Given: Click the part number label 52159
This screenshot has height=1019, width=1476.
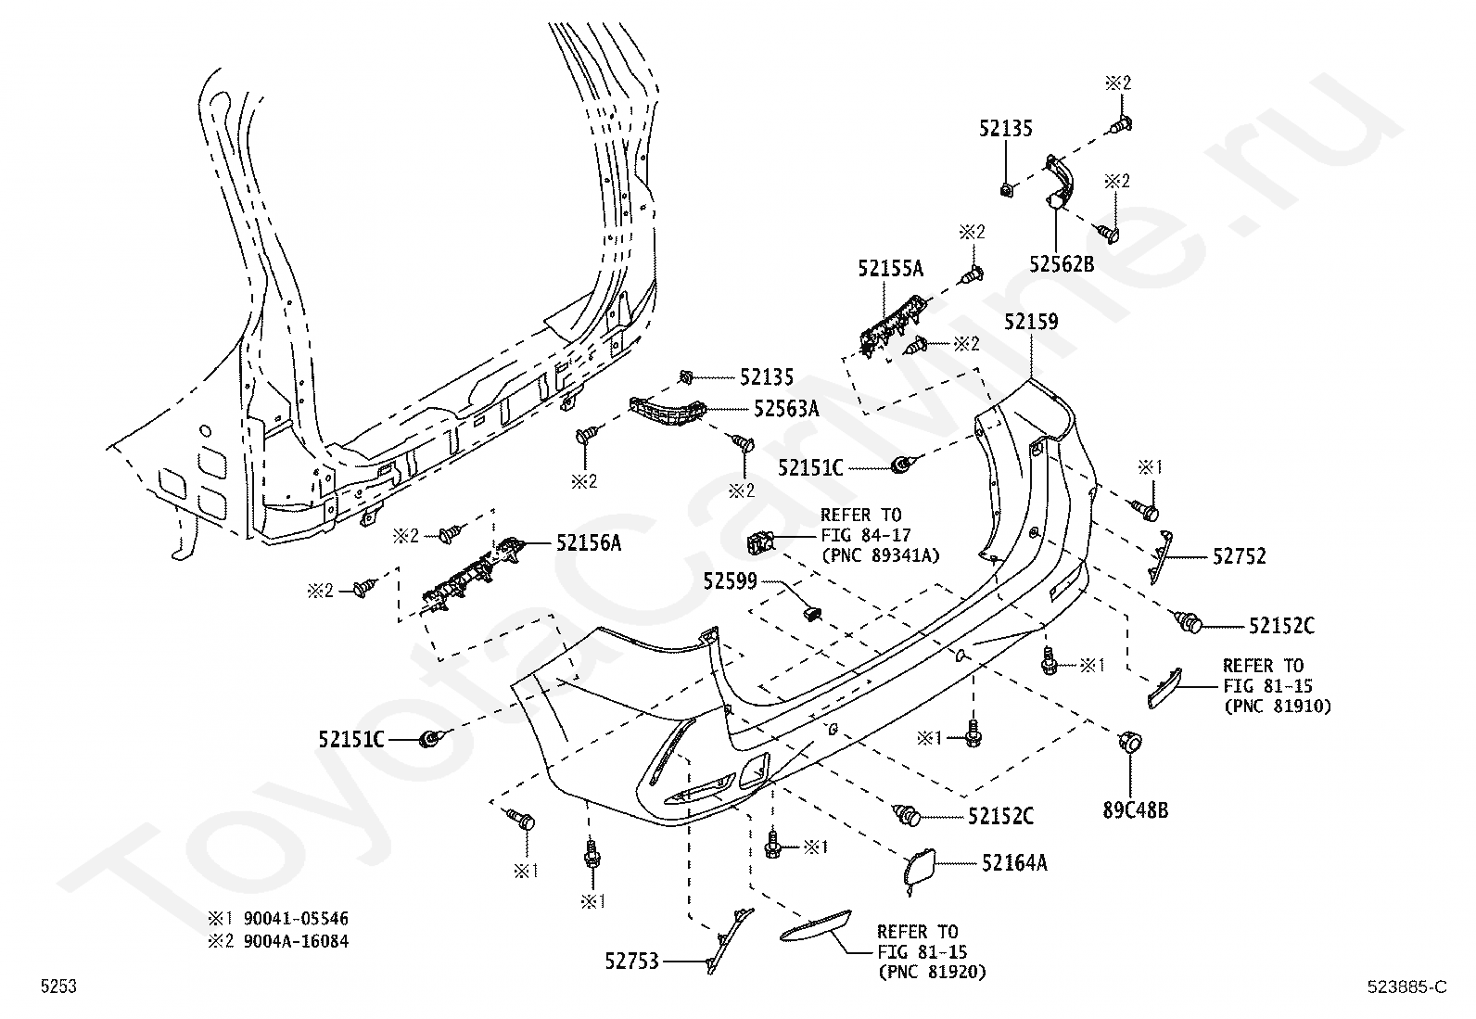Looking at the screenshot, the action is [1031, 322].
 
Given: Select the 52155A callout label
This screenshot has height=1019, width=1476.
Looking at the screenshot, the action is [890, 268].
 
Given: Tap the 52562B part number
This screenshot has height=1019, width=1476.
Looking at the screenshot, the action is [1062, 264].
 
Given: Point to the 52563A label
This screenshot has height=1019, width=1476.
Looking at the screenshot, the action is [786, 409].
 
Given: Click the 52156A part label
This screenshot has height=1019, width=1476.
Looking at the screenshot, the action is [589, 543].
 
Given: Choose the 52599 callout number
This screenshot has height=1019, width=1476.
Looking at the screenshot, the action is [730, 581].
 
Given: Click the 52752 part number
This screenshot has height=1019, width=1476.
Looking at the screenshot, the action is [1240, 557].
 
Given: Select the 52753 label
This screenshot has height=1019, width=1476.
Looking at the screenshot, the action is [632, 962].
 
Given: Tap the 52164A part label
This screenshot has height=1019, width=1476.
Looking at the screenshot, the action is [1014, 863].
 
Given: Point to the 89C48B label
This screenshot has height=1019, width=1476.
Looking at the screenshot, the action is [1136, 810].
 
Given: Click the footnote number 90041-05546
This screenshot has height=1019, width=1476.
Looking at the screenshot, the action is [296, 918].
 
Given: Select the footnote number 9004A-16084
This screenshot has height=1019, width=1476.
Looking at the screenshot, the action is [296, 940].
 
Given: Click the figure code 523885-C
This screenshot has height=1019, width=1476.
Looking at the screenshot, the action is [1406, 987].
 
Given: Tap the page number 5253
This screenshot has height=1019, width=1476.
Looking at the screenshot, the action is [58, 986].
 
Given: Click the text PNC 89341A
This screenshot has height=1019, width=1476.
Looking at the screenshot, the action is [887, 555].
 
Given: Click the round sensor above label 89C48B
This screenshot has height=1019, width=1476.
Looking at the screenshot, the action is [1131, 743].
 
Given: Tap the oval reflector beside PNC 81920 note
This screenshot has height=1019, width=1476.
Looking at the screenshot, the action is [815, 925].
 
